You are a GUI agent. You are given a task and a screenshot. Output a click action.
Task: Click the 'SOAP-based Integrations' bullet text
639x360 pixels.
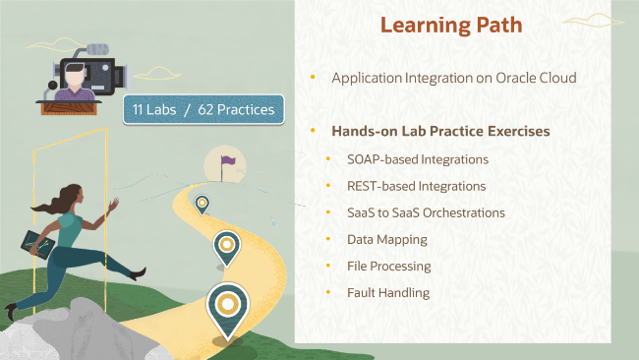pos(418,158)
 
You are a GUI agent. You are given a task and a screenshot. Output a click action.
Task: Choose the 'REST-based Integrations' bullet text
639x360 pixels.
pos(416,185)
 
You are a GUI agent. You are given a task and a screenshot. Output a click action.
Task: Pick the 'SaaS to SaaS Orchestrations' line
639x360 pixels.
pos(426,212)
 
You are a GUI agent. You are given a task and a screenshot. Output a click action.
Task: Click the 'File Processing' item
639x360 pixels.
pos(388,266)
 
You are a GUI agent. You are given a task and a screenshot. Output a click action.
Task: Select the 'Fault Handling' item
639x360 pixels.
pos(388,292)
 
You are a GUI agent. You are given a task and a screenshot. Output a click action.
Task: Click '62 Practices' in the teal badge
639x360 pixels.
pos(235,109)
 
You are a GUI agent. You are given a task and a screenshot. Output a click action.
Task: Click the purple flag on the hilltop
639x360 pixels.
pos(228,159)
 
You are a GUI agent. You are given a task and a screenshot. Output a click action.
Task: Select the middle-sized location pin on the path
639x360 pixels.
pos(227,246)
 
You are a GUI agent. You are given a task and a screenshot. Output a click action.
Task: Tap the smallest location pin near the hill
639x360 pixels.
pos(202,204)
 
